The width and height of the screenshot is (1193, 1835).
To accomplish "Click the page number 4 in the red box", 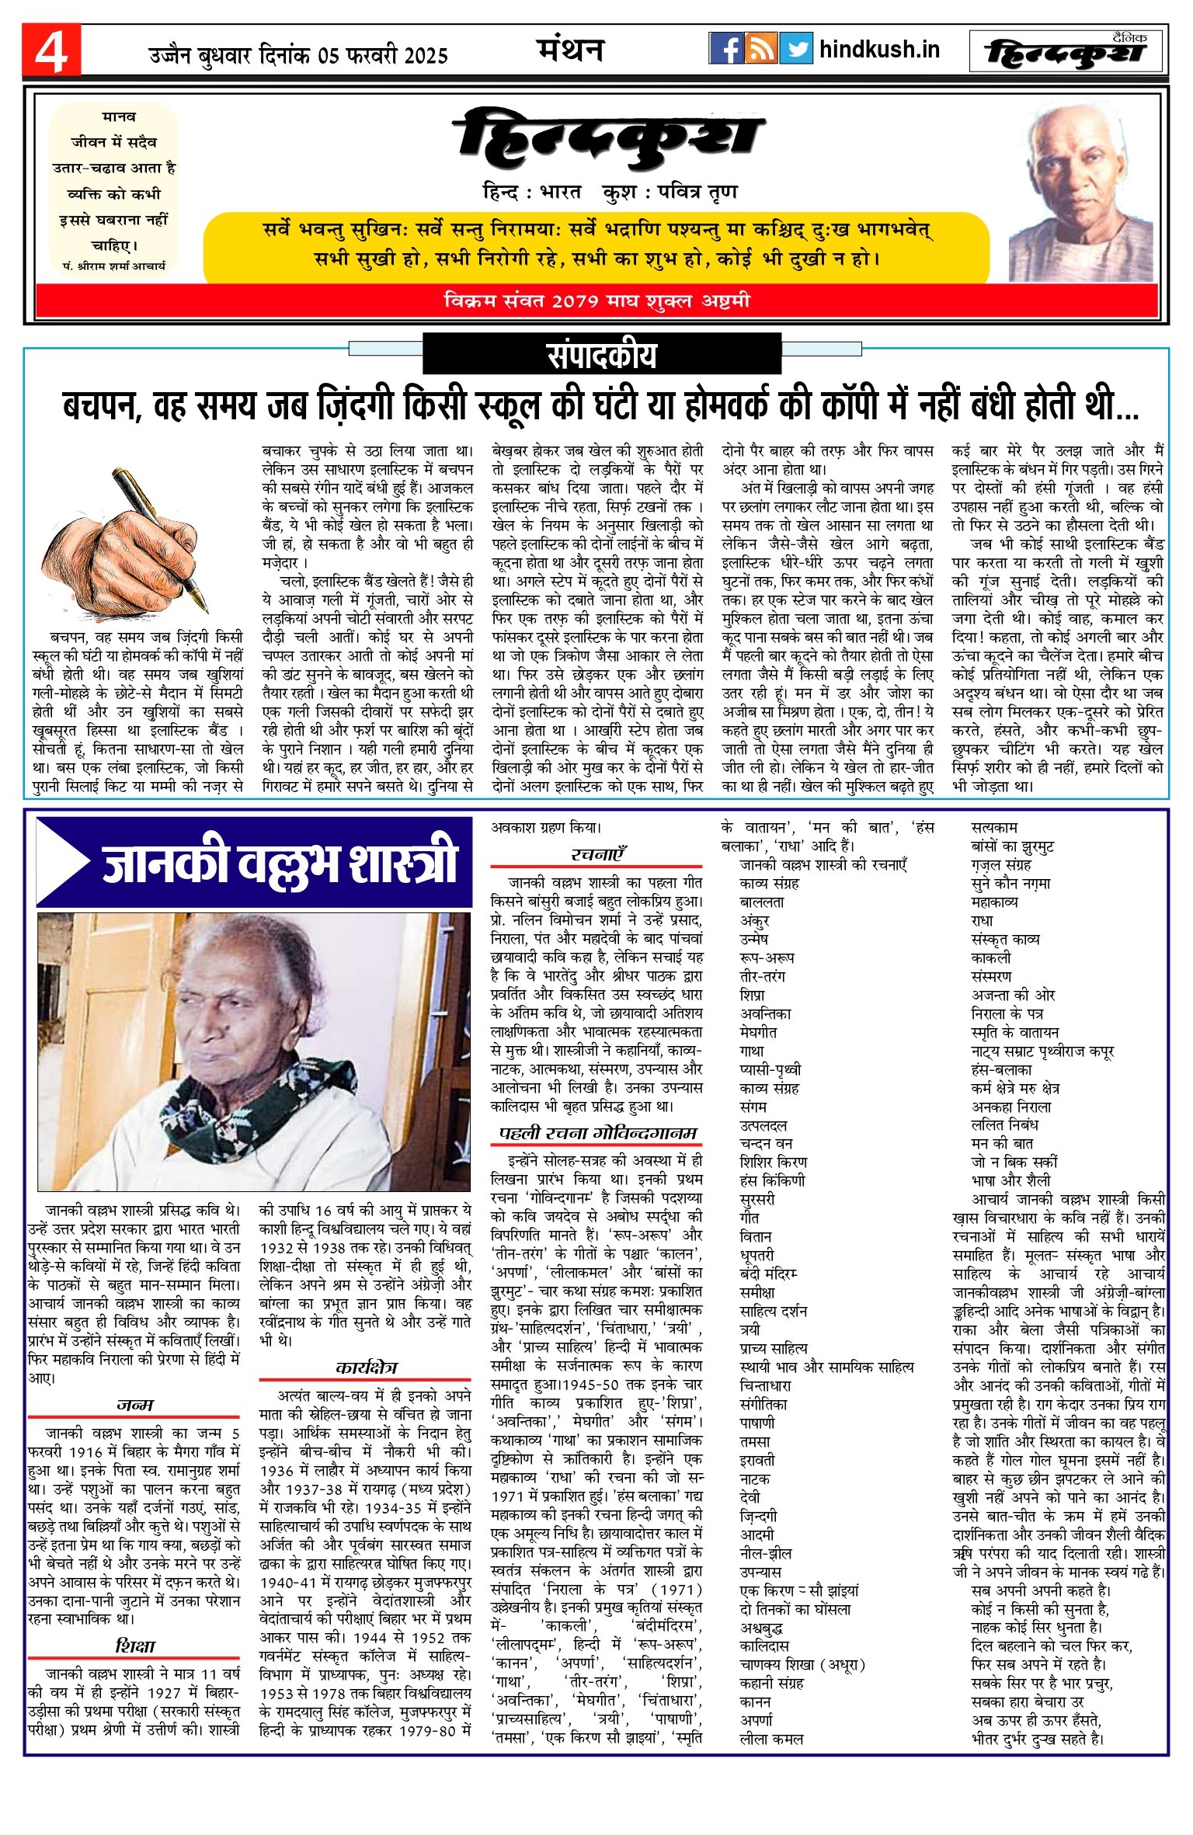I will pyautogui.click(x=51, y=50).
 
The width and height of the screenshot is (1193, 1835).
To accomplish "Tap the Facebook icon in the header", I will pyautogui.click(x=725, y=49).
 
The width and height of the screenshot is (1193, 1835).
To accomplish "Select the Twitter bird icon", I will pyautogui.click(x=796, y=49).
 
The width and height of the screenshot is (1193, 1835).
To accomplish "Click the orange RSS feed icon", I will pyautogui.click(x=761, y=49).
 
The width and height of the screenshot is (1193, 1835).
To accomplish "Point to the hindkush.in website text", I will pyautogui.click(x=879, y=50).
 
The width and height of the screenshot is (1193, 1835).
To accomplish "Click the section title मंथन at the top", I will pyautogui.click(x=570, y=50).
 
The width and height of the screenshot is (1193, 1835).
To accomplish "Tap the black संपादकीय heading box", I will pyautogui.click(x=601, y=356).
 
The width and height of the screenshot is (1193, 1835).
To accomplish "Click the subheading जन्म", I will pyautogui.click(x=134, y=1405).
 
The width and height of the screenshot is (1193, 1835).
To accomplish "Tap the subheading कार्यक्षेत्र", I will pyautogui.click(x=366, y=1368).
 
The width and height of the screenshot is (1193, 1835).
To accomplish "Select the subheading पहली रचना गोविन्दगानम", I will pyautogui.click(x=596, y=1133).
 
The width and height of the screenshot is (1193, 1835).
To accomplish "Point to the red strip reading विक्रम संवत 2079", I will pyautogui.click(x=596, y=301).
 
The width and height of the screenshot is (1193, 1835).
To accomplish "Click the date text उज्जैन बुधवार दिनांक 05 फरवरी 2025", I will pyautogui.click(x=298, y=55).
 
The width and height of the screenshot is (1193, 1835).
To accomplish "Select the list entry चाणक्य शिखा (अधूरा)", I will pyautogui.click(x=802, y=1664).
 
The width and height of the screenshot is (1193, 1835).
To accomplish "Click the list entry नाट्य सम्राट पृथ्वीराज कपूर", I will pyautogui.click(x=1042, y=1051).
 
